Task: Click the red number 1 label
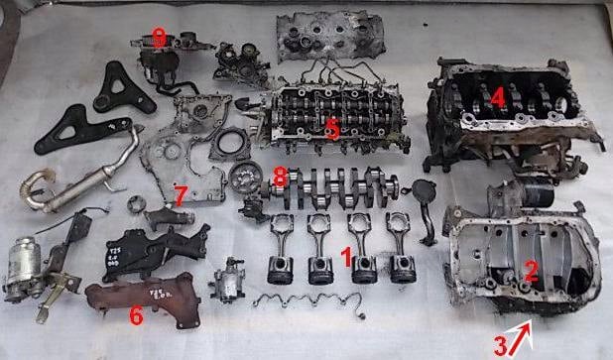(x=345, y=256)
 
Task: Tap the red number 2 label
(x=531, y=268)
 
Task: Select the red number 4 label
(x=498, y=96)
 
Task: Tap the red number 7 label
(x=180, y=191)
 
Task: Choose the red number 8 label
(x=281, y=176)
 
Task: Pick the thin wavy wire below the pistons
(x=303, y=300)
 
